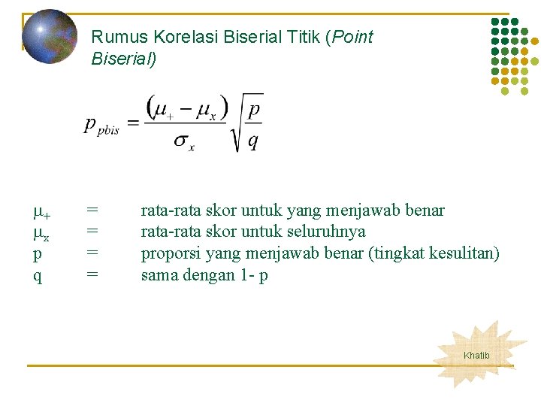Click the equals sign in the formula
point(132,123)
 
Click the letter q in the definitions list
point(37,276)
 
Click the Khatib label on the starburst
point(476,356)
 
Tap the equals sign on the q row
point(92,275)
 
